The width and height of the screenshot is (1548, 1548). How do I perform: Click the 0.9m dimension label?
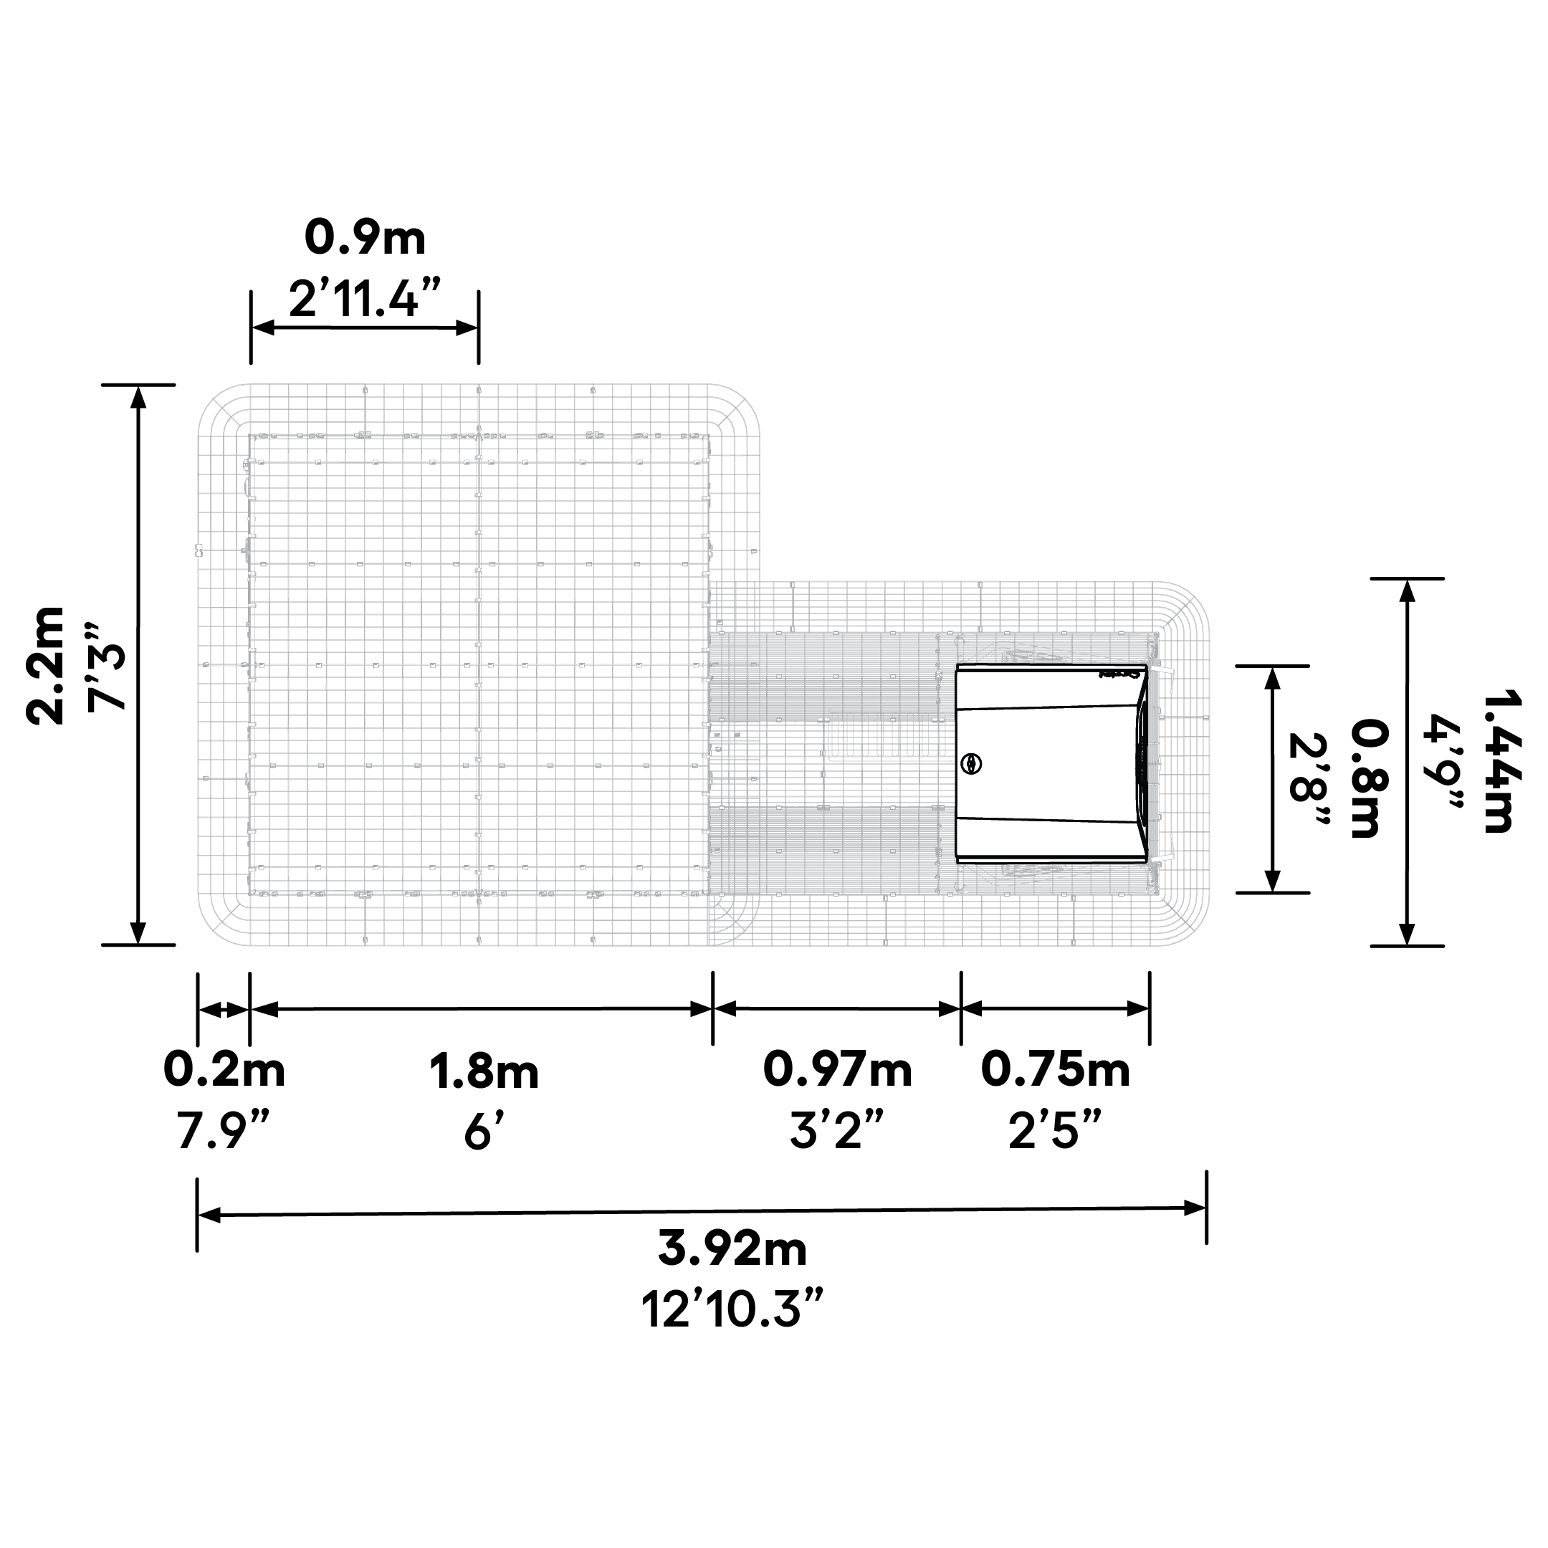click(365, 238)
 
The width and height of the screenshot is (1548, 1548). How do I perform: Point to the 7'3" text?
click(107, 666)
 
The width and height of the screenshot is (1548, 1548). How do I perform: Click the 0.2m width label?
click(224, 1071)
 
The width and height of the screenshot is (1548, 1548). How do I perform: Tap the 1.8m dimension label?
click(484, 1071)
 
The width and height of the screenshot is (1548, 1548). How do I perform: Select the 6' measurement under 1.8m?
click(482, 1132)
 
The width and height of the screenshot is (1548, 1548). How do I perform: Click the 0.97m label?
click(837, 1070)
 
